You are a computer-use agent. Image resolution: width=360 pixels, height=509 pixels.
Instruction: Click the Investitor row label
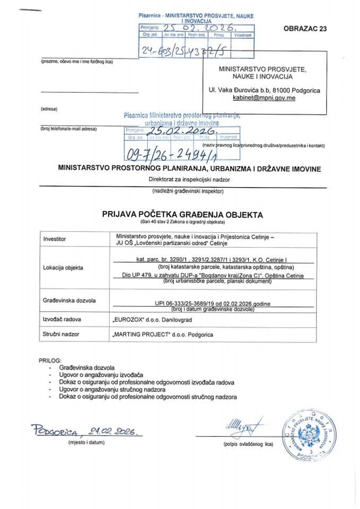(55, 239)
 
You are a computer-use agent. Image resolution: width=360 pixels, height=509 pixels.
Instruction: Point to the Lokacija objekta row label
(63, 268)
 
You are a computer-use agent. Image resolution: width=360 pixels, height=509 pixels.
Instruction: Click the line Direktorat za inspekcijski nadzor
(180, 179)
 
